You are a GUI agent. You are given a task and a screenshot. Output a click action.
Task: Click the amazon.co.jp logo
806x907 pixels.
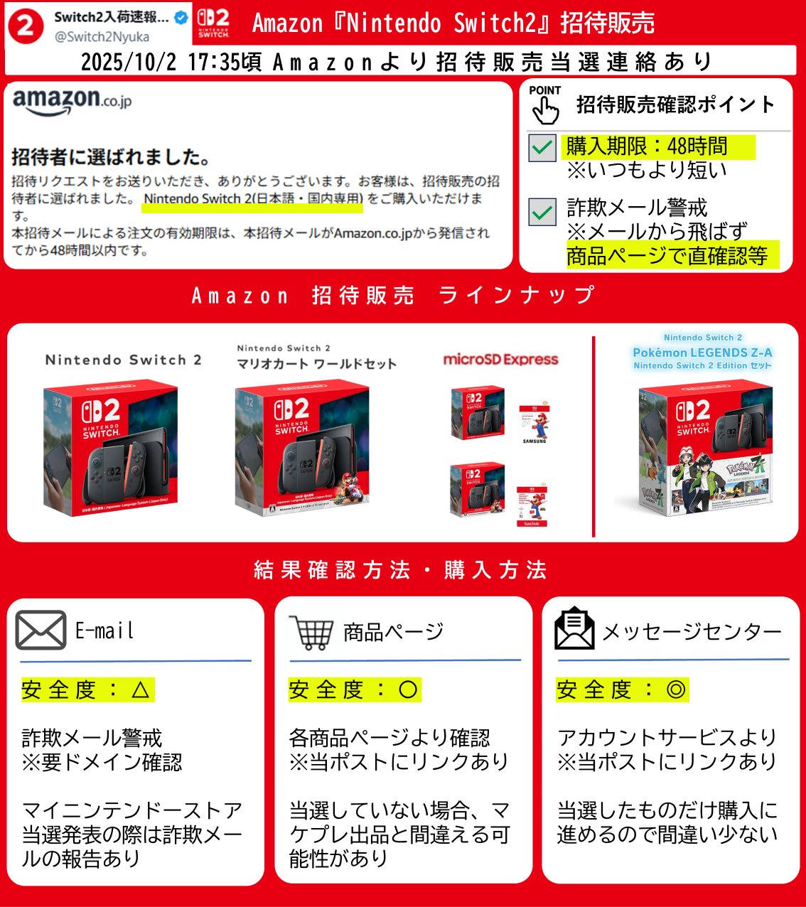click(x=72, y=101)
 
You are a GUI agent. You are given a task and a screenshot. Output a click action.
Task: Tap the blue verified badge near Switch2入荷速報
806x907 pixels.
click(x=181, y=18)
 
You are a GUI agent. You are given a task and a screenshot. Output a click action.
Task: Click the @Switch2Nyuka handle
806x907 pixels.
click(x=102, y=36)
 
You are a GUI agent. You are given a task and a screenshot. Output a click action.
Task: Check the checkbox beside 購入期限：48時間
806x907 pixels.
click(x=542, y=148)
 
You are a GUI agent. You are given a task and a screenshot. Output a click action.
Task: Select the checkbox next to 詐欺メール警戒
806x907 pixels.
click(x=542, y=212)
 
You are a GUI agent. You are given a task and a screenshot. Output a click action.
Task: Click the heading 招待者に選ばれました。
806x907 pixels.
click(x=111, y=157)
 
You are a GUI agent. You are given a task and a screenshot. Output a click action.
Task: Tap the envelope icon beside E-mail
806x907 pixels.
click(x=41, y=630)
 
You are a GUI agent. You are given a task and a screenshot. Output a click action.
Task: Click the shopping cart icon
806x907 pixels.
click(x=311, y=632)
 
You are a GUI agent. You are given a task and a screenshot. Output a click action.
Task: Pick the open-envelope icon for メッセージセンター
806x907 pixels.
click(x=574, y=629)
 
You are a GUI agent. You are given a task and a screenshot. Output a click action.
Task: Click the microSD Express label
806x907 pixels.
click(x=500, y=360)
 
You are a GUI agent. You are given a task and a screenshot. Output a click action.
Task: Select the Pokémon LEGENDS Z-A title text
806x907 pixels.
click(x=702, y=353)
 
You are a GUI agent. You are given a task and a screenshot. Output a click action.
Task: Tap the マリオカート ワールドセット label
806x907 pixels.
click(x=316, y=364)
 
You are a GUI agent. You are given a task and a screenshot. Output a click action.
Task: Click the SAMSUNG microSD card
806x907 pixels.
click(x=534, y=424)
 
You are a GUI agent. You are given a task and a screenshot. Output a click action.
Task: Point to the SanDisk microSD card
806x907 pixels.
click(x=532, y=506)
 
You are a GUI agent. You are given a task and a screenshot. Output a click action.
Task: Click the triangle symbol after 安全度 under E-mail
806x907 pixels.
click(x=140, y=689)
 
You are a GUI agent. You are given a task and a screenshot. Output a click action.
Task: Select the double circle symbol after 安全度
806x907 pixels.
click(x=676, y=689)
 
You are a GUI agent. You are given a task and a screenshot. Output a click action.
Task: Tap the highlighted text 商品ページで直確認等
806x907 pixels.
click(x=667, y=256)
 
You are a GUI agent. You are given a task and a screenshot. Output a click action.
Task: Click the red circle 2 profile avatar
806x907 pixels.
click(x=26, y=26)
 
